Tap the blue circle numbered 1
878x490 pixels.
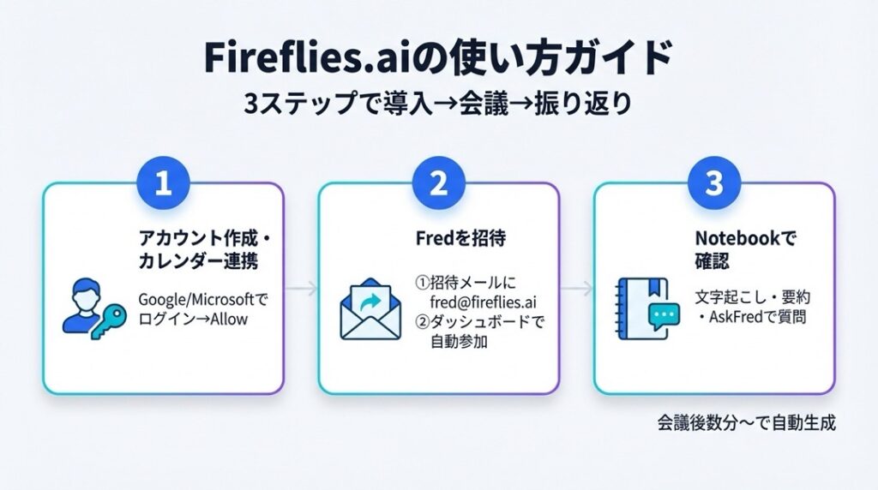tap(163, 184)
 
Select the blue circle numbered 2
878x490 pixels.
tap(438, 184)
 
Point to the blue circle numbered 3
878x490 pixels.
tap(713, 184)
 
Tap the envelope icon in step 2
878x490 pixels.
tap(370, 309)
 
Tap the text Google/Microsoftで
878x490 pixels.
tap(203, 301)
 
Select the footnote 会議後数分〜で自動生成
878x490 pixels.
tap(746, 423)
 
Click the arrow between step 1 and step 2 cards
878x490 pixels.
tap(301, 290)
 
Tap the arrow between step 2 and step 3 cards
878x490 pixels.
tap(576, 290)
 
